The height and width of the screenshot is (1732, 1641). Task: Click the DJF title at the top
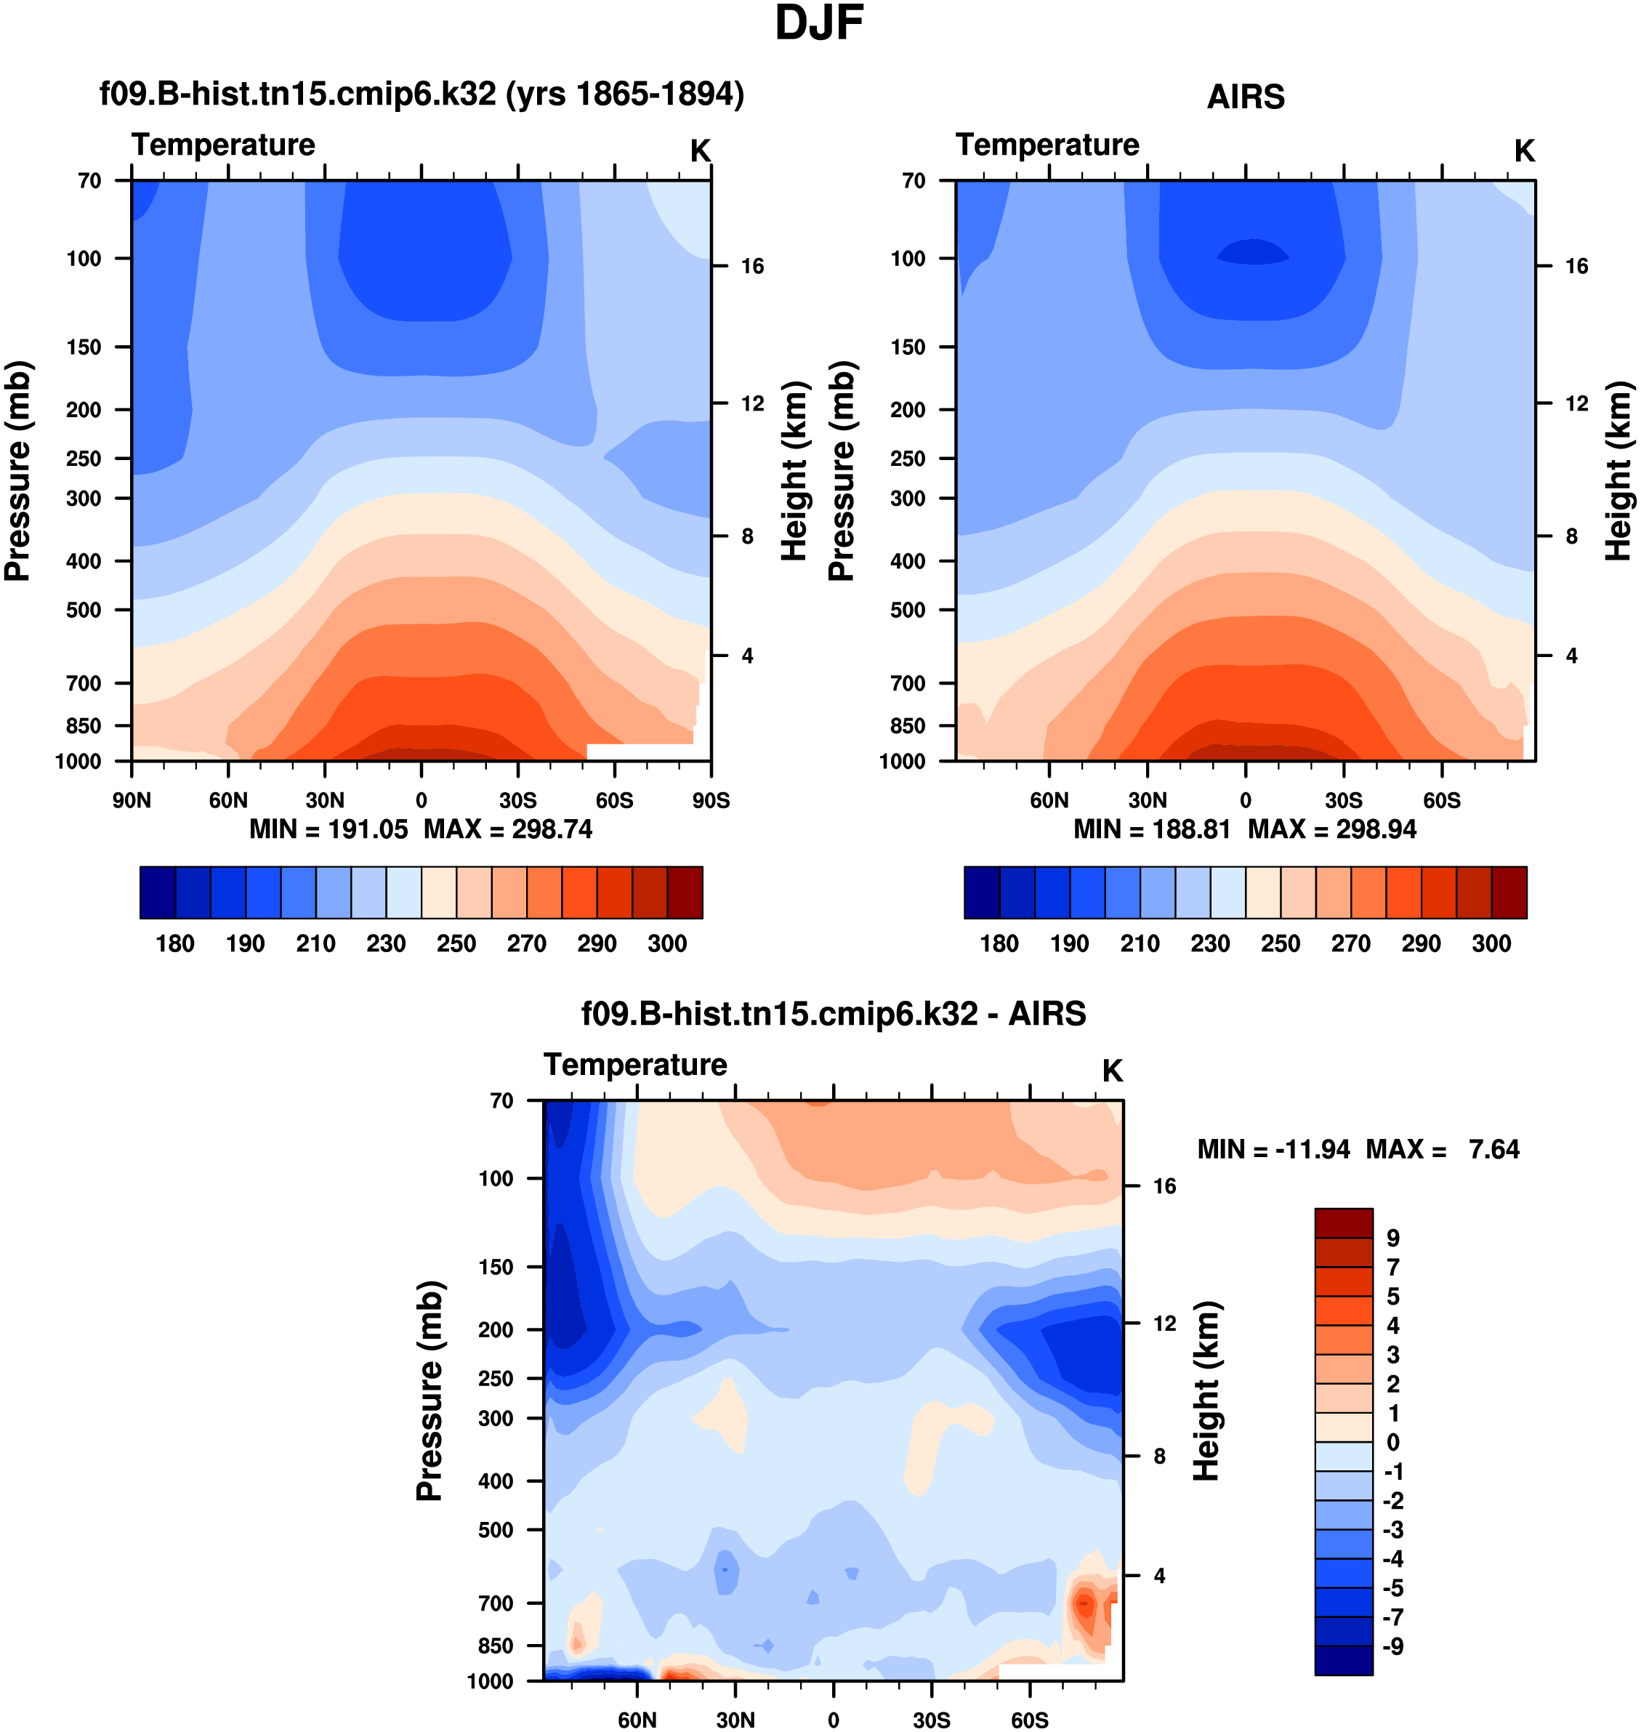(x=819, y=23)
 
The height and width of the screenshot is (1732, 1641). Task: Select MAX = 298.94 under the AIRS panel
(x=1331, y=829)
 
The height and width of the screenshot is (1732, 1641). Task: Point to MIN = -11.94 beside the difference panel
(x=1273, y=1149)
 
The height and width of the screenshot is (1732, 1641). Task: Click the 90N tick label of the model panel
(x=132, y=800)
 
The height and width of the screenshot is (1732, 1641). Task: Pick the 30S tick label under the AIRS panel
(x=1343, y=800)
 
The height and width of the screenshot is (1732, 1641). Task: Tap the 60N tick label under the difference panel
(x=637, y=1720)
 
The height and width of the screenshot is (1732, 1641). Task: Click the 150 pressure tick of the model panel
(x=84, y=347)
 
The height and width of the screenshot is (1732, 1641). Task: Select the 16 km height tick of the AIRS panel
(x=1576, y=266)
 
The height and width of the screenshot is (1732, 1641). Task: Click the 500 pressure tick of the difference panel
(x=496, y=1530)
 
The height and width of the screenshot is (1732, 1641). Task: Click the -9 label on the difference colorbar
(x=1392, y=1646)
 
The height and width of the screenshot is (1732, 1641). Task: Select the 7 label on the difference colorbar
(x=1392, y=1268)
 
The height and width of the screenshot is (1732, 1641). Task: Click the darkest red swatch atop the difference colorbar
(x=1344, y=1223)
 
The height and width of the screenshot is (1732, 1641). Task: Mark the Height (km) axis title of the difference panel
(x=1206, y=1391)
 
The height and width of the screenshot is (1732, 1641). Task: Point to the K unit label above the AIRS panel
(x=1524, y=151)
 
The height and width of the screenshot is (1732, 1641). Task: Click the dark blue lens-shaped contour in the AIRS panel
(x=1253, y=253)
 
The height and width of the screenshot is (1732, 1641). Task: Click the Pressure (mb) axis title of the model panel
(x=17, y=471)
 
